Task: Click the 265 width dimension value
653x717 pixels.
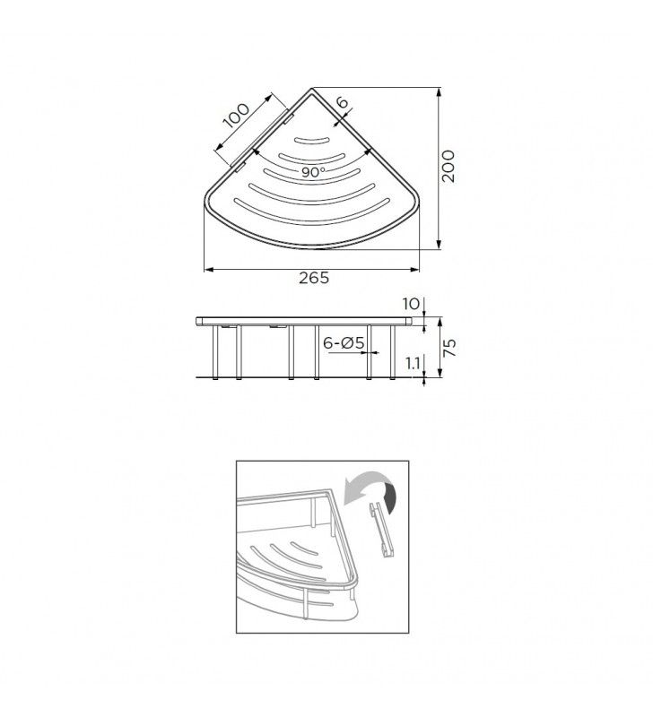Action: (313, 278)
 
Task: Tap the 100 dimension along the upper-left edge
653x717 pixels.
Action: (238, 117)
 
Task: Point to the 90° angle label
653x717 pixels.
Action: (313, 171)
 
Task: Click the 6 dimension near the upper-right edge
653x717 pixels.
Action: (342, 103)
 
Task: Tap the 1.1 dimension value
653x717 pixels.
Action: (413, 363)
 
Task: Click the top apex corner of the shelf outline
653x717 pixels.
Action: (311, 90)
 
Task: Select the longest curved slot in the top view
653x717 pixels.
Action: (313, 213)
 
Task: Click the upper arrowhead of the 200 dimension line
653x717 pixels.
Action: (438, 91)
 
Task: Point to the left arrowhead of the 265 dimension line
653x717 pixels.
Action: (207, 268)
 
